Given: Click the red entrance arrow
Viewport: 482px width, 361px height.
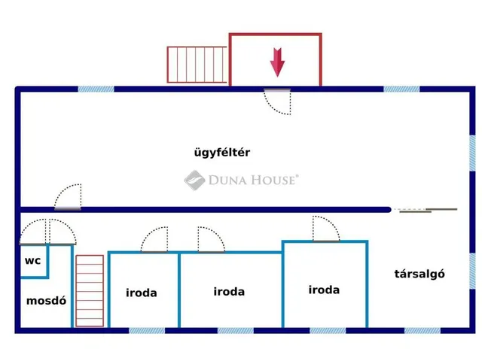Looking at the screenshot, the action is pos(277,62).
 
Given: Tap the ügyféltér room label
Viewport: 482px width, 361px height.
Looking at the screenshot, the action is pos(222,153).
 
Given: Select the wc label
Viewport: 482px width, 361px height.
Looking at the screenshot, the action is pos(32,261).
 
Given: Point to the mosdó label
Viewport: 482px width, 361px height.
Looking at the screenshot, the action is pos(46,301).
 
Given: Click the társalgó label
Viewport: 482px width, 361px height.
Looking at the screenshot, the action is pos(419,274).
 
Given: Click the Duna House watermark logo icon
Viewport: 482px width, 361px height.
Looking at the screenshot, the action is pos(194,180).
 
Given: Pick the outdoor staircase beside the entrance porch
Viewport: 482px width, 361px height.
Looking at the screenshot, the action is pos(197,65).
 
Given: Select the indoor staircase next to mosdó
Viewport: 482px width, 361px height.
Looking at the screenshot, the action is pos(90,291).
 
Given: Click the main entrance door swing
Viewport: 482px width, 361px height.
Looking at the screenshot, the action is pos(277,102).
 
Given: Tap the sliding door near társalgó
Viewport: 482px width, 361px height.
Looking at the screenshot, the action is pos(426,210).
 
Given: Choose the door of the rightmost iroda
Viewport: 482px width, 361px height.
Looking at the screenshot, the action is pos(326,229).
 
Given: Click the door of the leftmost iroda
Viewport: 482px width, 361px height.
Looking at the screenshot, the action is pos(154,240).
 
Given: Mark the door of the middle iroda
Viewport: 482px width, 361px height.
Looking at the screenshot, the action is pos(212,240).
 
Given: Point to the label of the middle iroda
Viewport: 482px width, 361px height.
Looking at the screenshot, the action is pos(229,292).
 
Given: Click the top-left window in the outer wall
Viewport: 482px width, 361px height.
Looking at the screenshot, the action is pos(96,89).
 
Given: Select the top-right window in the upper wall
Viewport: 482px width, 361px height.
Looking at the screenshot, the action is pos(401,89).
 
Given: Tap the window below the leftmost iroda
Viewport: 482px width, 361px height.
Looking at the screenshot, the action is pos(147,331).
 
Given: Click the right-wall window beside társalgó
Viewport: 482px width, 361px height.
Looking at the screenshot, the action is pos(472,271).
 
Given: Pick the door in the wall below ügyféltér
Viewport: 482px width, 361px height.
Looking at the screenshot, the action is pos(68,197).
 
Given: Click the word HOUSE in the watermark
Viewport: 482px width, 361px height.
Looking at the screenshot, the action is pos(273,180).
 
